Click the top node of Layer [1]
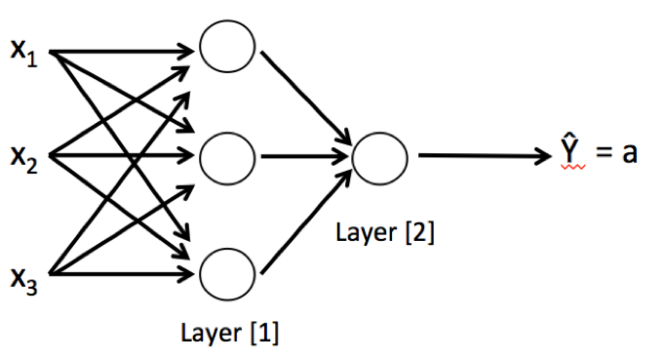click(x=226, y=45)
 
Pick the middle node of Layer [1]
click(x=226, y=156)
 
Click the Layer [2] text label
click(x=384, y=233)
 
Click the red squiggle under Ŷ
click(x=571, y=171)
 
